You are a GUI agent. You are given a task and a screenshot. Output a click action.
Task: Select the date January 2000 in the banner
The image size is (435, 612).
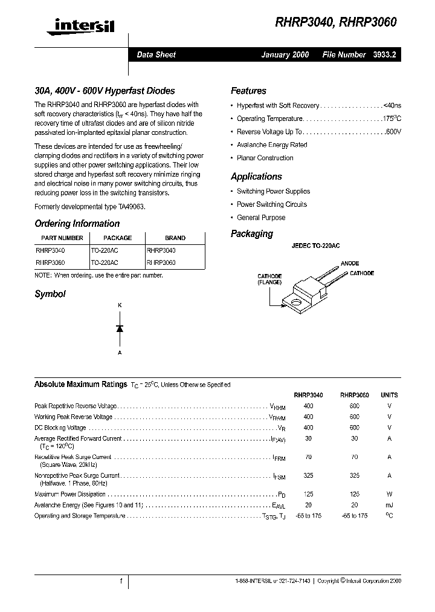(x=285, y=54)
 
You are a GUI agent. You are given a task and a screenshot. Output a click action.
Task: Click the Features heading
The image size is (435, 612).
(x=248, y=91)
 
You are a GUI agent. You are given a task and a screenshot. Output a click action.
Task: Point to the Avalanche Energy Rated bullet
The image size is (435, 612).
(x=272, y=145)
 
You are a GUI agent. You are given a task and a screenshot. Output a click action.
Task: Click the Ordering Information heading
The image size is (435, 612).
(x=77, y=223)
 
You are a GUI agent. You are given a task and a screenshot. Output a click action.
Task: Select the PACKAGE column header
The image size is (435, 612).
(x=117, y=238)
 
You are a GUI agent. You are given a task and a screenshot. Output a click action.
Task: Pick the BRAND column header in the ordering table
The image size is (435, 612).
(x=175, y=238)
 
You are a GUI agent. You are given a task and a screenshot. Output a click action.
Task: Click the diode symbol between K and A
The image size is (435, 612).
(x=120, y=328)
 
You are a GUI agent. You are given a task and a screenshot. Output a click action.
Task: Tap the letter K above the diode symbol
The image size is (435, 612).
(x=120, y=306)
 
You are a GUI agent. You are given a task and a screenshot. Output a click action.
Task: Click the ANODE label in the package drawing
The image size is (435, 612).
(x=350, y=264)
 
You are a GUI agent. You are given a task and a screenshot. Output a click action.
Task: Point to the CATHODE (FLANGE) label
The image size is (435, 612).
(x=269, y=279)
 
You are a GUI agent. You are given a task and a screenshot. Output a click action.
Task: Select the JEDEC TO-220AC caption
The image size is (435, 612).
(x=316, y=246)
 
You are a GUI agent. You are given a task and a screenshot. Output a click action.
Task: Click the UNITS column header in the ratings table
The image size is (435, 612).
(x=389, y=395)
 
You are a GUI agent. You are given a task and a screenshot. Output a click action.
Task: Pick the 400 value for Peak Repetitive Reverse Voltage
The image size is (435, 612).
(x=308, y=406)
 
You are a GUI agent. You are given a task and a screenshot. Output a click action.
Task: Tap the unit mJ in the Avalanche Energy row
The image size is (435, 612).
(x=389, y=505)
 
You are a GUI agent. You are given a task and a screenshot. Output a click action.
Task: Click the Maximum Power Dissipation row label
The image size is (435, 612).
(x=70, y=494)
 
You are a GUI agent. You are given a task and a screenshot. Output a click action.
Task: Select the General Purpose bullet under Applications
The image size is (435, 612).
(x=261, y=218)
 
